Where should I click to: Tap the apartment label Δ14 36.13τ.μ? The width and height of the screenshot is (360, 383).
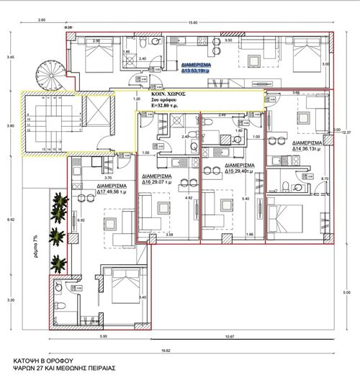click(302, 148)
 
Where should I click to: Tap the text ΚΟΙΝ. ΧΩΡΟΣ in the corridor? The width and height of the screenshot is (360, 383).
click(168, 94)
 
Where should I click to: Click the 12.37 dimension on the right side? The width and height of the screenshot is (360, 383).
click(346, 132)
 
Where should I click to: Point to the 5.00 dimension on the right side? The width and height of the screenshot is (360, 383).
click(346, 292)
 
